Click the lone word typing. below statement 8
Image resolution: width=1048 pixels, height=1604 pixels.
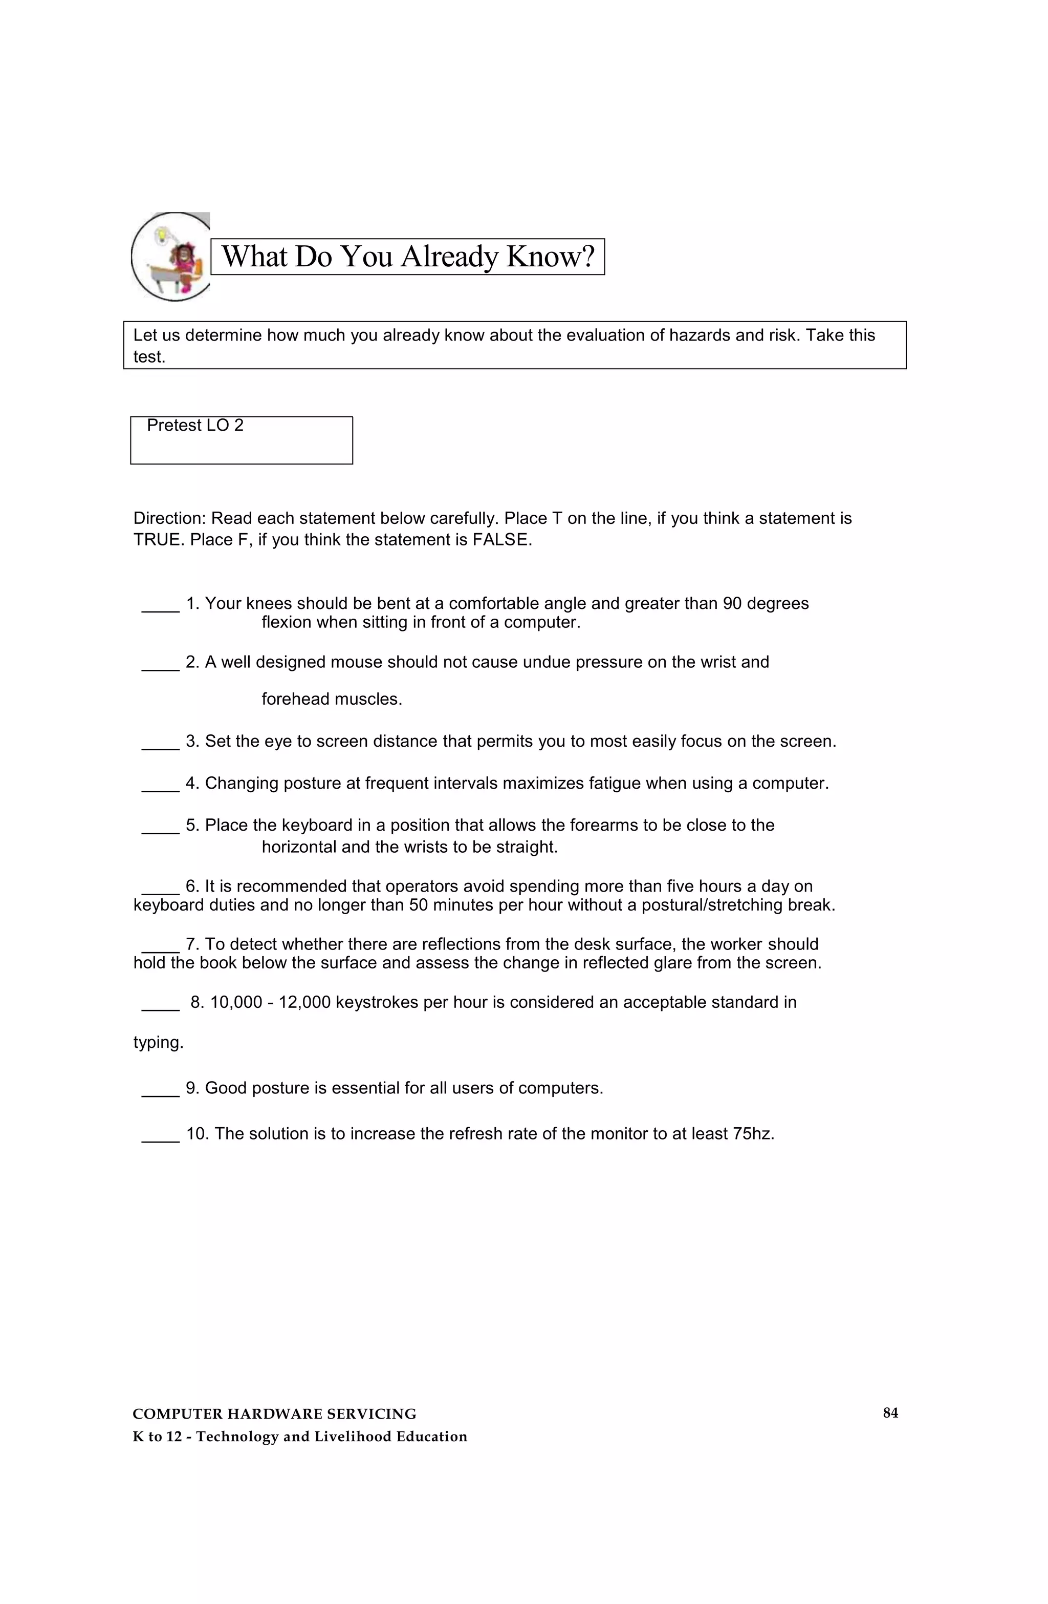tap(158, 1043)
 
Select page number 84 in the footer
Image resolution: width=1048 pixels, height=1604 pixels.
tap(890, 1413)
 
